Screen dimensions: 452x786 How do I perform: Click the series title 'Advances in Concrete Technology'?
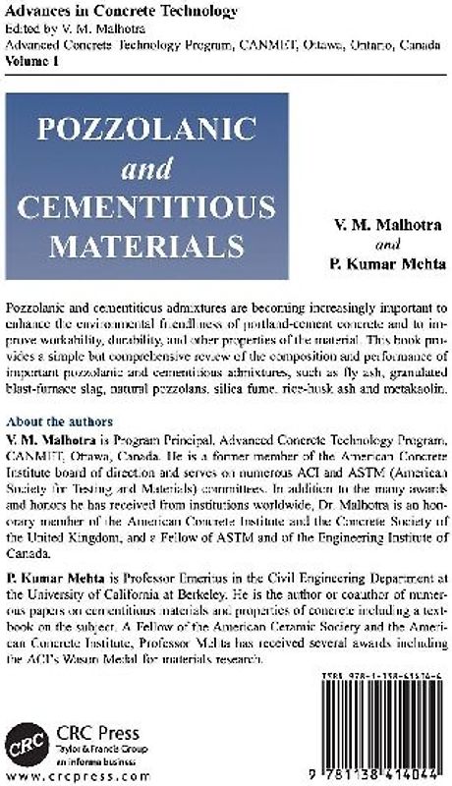(x=107, y=11)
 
